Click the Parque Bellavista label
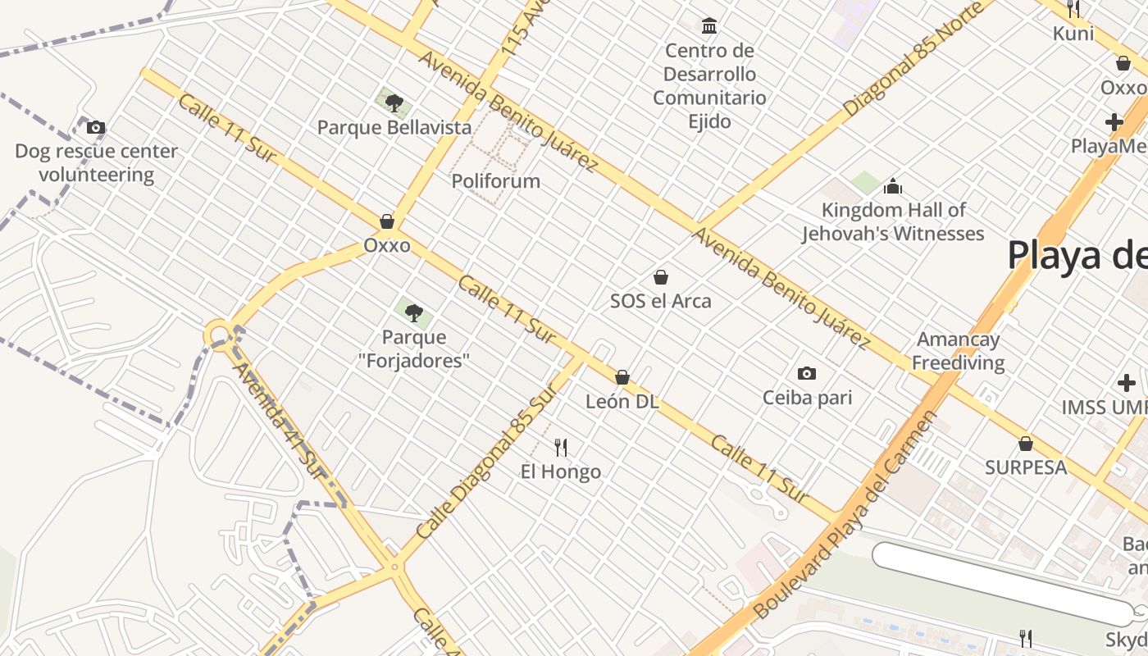pos(394,127)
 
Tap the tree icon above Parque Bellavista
pos(394,102)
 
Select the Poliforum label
pos(496,180)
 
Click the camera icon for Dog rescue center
pos(96,127)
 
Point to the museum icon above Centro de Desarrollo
pos(709,26)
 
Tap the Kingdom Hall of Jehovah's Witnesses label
pos(893,221)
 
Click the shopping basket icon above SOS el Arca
pos(661,277)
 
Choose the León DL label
pos(622,402)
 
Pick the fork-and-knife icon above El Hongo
pos(561,447)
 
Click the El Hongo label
pos(561,471)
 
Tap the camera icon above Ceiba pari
pos(807,374)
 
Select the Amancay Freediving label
pos(959,351)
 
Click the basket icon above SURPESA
pos(1025,444)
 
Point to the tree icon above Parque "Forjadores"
pos(414,312)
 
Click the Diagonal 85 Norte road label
pos(913,59)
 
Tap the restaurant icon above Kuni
pos(1073,9)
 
